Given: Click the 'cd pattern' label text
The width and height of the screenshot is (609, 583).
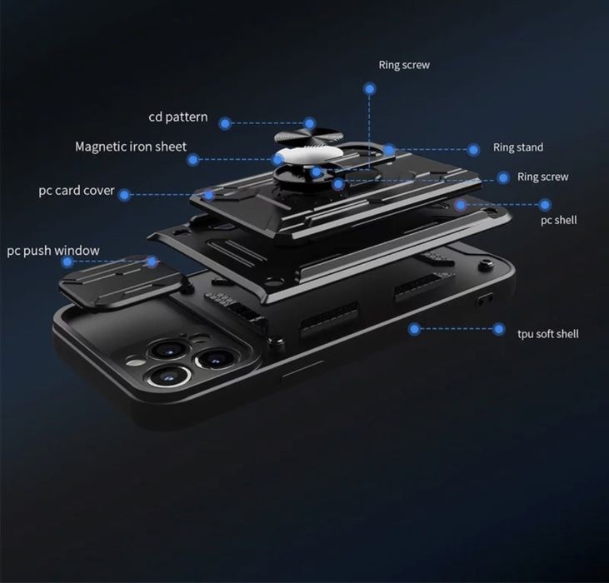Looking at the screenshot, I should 178,117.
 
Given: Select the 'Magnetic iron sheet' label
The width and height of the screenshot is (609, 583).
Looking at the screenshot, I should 131,147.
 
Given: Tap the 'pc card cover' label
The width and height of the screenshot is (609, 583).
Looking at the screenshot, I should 77,191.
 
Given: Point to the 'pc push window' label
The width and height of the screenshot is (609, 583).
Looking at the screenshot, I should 53,251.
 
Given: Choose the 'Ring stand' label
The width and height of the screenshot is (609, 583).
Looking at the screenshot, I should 517,147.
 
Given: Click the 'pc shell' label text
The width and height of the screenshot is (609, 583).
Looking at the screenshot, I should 558,221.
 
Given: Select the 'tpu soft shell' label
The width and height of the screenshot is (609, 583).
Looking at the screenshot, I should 547,334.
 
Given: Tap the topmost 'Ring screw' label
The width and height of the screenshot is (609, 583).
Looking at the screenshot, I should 404,64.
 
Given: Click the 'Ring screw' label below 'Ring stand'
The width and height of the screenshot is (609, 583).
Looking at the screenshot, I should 542,177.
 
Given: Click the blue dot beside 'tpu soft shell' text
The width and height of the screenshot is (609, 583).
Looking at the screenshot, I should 498,329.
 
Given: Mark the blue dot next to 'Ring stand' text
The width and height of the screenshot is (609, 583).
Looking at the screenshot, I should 473,149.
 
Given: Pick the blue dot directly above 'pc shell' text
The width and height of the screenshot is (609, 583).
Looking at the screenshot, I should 545,204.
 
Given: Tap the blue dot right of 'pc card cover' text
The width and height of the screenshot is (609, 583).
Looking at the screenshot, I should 124,195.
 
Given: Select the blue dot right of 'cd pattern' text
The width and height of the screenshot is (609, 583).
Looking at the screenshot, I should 225,123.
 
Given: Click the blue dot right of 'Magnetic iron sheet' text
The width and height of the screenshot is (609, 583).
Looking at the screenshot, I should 193,159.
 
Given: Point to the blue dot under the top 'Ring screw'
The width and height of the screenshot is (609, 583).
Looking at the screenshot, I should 368,87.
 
